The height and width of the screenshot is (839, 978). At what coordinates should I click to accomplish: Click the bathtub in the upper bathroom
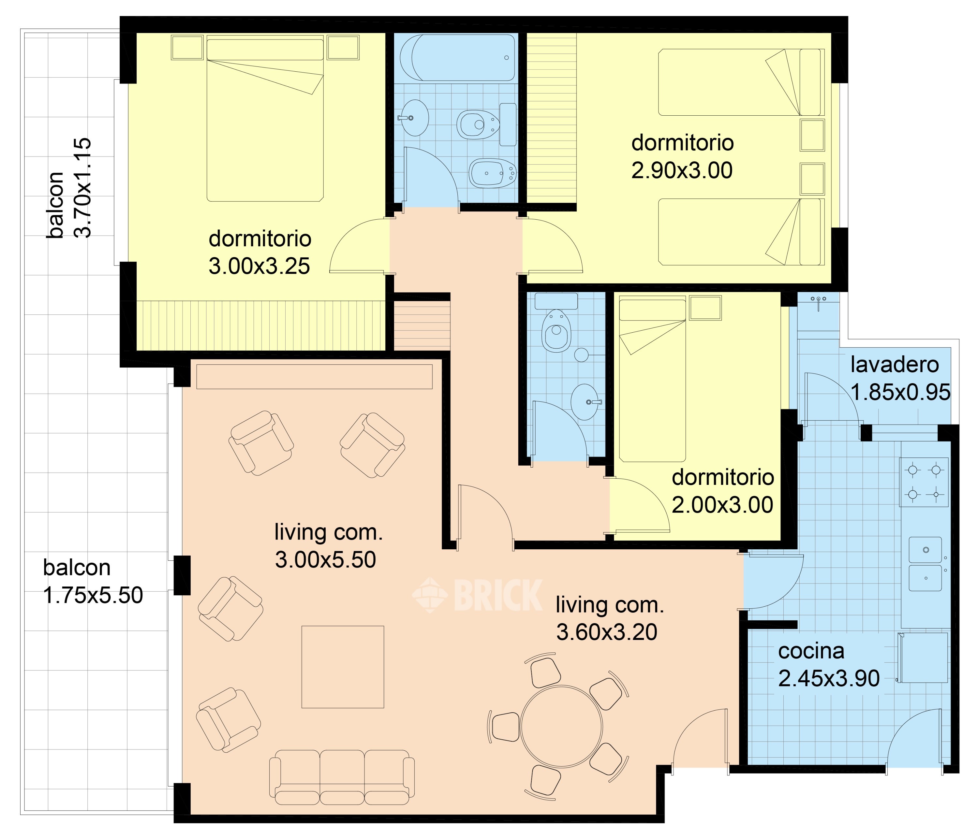(x=457, y=58)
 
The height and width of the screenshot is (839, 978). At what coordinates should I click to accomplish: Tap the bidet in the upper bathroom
(x=492, y=173)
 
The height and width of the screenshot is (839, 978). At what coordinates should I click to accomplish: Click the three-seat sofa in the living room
(x=342, y=777)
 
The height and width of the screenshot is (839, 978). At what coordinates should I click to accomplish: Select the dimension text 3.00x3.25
(x=259, y=266)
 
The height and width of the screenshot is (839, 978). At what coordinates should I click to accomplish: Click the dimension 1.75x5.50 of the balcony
(x=93, y=596)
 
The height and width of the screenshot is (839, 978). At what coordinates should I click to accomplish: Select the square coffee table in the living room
(x=343, y=667)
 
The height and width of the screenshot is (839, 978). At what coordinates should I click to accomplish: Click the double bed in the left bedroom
(x=265, y=119)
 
